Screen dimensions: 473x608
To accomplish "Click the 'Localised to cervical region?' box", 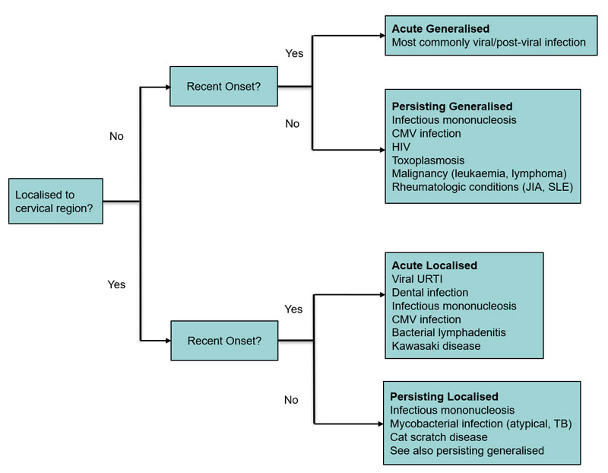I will pos(55,201).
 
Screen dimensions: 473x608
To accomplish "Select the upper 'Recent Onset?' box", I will pos(223,86).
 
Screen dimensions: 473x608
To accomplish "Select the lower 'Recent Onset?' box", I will pos(223,340).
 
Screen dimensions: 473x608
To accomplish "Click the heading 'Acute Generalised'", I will pos(440,29).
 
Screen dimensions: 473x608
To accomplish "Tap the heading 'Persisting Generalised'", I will pos(451,106).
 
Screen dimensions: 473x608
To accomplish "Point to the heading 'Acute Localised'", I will pos(434,265).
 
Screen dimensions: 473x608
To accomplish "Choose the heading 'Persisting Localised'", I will pos(444,396).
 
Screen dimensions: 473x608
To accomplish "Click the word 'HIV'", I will pos(401,147).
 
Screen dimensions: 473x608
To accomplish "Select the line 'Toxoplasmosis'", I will pos(428,160).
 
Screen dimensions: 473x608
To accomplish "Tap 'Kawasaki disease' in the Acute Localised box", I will pos(435,346).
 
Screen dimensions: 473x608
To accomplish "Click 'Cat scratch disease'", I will pos(439,437).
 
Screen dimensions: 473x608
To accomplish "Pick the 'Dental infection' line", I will pos(429,292).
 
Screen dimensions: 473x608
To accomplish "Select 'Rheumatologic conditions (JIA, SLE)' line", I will pos(482,187).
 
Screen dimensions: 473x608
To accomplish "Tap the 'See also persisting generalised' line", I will pos(467,451).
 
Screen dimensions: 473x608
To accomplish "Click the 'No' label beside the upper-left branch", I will pos(116,137).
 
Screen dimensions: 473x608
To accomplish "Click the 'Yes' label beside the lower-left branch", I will pos(116,284).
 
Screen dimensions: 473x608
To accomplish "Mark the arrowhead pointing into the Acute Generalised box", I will pos(380,36).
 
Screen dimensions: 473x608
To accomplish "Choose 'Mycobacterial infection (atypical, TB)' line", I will pos(480,424).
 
